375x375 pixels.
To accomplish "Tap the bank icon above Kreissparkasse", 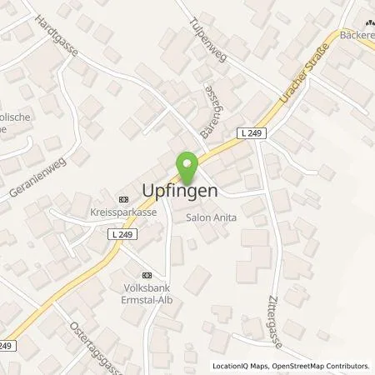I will [x=124, y=199].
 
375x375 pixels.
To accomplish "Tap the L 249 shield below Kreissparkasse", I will [x=122, y=235].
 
